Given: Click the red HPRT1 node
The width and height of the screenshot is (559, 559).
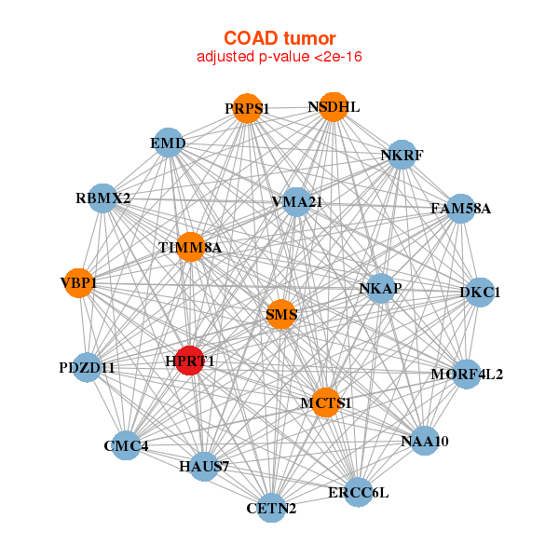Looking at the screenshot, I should point(190,360).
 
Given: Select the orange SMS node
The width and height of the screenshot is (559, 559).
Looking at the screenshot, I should point(281,315).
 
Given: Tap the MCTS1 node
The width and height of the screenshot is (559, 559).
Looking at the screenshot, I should point(326,402).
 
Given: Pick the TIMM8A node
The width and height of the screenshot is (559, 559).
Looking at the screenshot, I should point(190,247).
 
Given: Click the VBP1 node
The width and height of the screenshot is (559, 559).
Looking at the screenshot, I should point(79,282).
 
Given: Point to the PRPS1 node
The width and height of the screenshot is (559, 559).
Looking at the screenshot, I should point(247,109).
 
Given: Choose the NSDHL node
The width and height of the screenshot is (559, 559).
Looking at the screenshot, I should point(334,107).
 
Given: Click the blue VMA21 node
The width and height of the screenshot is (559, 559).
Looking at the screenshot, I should point(296,201).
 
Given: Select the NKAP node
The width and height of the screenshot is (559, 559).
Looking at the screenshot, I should point(380,289).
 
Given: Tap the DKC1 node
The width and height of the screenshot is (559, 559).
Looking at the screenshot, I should point(480,293).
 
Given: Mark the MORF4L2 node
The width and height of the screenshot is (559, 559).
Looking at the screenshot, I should point(466,375).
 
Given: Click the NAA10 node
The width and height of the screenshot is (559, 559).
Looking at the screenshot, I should point(424,441).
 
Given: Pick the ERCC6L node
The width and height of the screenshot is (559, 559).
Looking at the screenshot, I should point(359,491).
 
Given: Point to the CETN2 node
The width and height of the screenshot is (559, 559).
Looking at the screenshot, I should point(272,508).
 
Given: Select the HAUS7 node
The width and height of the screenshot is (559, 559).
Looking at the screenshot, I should point(204,465).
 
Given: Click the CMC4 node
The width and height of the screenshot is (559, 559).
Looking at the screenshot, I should point(127,445).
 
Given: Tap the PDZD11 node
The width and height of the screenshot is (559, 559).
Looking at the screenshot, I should point(88,368).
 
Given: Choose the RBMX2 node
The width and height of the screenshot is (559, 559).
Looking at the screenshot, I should point(103,198).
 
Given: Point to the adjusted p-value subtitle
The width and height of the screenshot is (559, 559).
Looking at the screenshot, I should point(279,57).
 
